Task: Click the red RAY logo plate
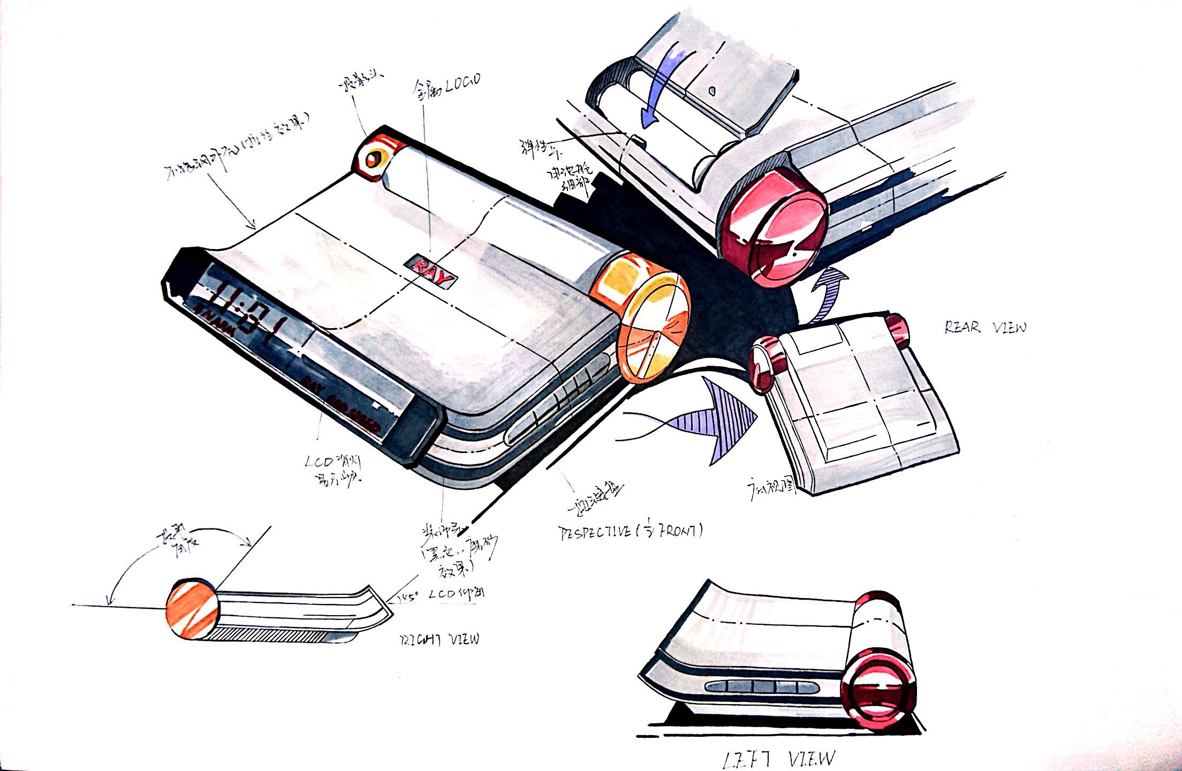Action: click(431, 271)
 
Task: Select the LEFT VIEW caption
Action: click(779, 758)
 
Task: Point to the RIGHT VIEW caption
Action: click(440, 639)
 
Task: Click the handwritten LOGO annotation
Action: click(447, 86)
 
